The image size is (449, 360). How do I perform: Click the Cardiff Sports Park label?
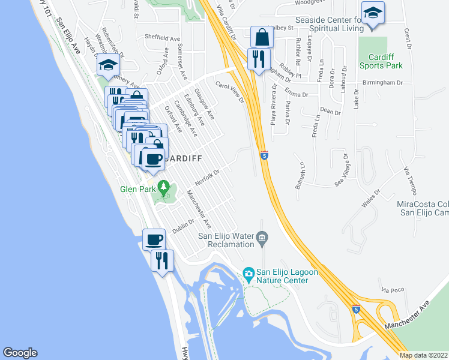381,61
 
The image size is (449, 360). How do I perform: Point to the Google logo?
20,353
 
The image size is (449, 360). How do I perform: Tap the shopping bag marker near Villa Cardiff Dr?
262,38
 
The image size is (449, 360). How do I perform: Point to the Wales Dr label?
372,198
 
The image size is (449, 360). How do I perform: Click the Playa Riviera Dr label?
274,107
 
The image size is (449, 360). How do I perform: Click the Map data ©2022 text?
423,355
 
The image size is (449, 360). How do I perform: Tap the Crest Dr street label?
408,38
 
